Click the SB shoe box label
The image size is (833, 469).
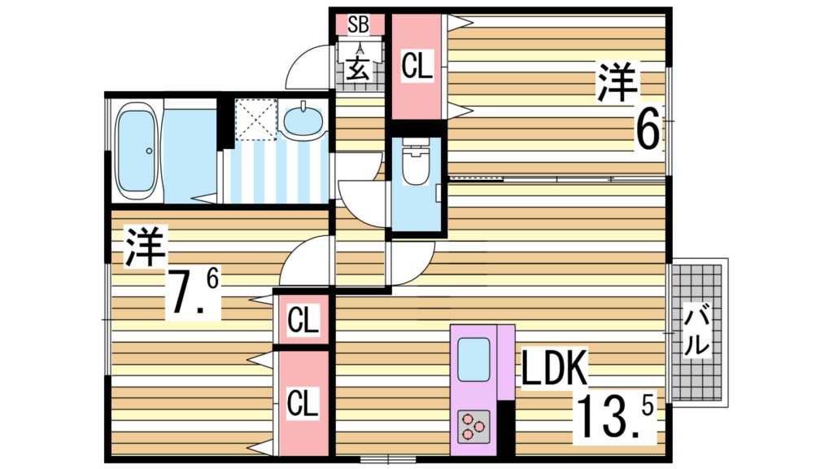[x=358, y=24]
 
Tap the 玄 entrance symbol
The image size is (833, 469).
[x=358, y=68]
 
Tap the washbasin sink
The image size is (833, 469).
[x=304, y=120]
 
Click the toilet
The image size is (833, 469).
[x=415, y=167]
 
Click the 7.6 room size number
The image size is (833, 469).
[x=192, y=293]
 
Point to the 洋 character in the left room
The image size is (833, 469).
[x=145, y=247]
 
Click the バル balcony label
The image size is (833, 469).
[x=696, y=330]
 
